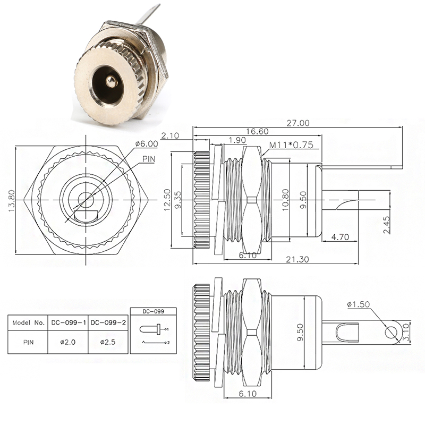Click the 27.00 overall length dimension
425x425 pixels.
click(298, 123)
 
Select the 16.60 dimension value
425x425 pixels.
click(257, 131)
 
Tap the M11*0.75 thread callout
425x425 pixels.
click(291, 144)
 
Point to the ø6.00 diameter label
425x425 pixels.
click(147, 143)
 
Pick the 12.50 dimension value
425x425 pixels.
click(166, 199)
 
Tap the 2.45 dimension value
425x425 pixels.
click(387, 225)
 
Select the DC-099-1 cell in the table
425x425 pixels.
click(69, 322)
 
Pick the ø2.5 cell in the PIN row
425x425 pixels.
click(109, 342)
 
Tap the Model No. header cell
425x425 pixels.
click(28, 322)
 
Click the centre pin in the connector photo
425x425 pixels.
click(109, 81)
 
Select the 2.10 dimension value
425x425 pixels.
click(171, 136)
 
